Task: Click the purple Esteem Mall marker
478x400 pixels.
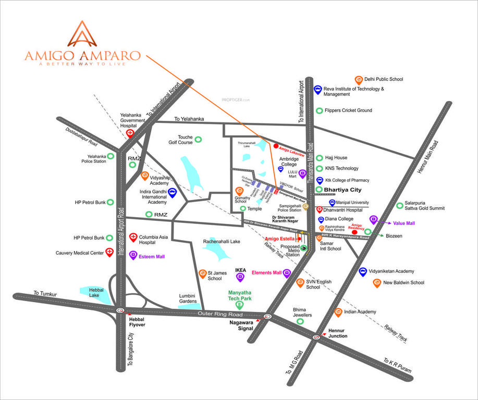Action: pyautogui.click(x=133, y=255)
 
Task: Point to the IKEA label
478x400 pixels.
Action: pyautogui.click(x=240, y=270)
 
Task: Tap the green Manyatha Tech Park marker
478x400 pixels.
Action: pyautogui.click(x=239, y=305)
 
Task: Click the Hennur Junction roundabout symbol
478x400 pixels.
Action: pyautogui.click(x=316, y=337)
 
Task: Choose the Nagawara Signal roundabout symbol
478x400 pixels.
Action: pyautogui.click(x=267, y=316)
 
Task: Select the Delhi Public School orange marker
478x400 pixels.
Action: pyautogui.click(x=359, y=80)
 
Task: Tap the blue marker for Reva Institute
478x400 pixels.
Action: pyautogui.click(x=317, y=90)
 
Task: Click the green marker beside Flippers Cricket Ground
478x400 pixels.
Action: pyautogui.click(x=319, y=110)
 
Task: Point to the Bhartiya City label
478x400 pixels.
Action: pyautogui.click(x=342, y=190)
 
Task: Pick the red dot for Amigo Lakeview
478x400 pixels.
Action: pyautogui.click(x=276, y=146)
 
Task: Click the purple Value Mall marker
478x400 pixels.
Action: pyautogui.click(x=373, y=219)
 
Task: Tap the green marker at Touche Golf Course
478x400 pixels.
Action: pyautogui.click(x=198, y=140)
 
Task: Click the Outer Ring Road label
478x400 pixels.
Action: pyautogui.click(x=220, y=314)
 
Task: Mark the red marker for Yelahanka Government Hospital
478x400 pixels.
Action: pyautogui.click(x=130, y=133)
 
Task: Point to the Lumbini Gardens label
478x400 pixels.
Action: pyautogui.click(x=188, y=298)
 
